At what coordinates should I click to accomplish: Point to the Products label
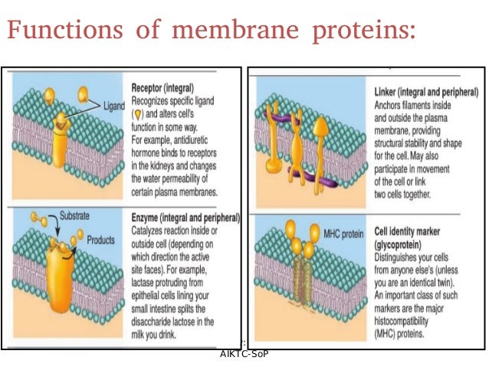(100, 239)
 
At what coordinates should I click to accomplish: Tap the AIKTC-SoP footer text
(244, 354)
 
